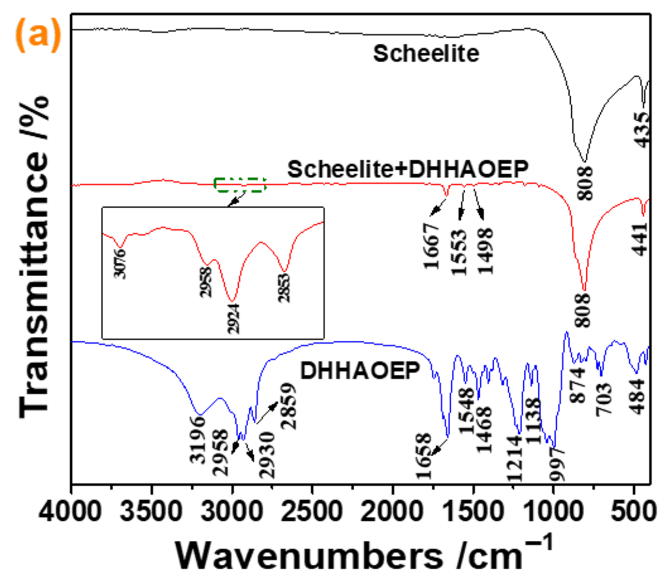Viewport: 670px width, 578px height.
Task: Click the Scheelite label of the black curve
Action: coord(426,54)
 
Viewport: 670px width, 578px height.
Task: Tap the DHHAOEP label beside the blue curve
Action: coord(360,371)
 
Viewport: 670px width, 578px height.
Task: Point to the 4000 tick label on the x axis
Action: coord(70,512)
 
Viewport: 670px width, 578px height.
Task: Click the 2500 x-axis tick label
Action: coord(312,512)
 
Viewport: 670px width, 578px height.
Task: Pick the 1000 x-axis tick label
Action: coord(554,512)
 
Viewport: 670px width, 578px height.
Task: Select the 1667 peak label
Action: coord(432,246)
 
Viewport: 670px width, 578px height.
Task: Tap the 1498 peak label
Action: coord(486,251)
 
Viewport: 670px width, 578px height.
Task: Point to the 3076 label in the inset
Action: coord(120,264)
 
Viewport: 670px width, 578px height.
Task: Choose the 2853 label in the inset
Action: coord(284,288)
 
